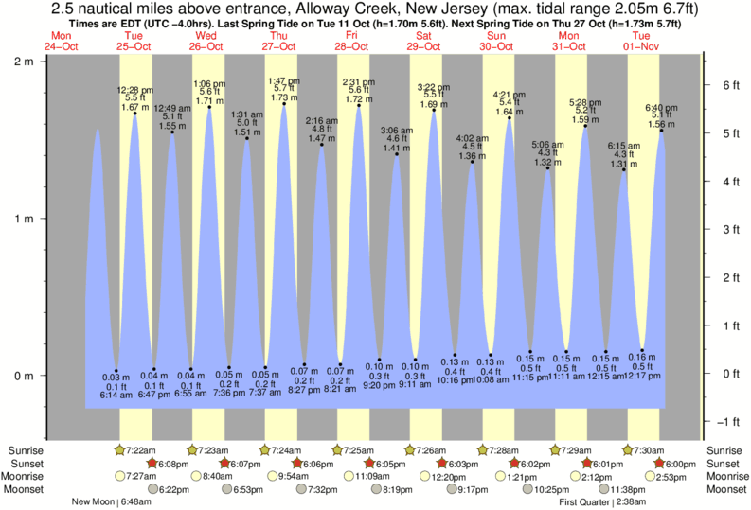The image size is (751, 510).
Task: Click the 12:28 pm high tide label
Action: tap(134, 89)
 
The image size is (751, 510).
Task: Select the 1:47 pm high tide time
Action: tap(283, 80)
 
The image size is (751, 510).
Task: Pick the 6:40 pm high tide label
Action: tap(661, 107)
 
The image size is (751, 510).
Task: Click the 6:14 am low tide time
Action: tap(116, 395)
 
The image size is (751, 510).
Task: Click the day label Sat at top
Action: tap(425, 35)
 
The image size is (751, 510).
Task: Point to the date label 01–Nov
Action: tap(642, 46)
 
